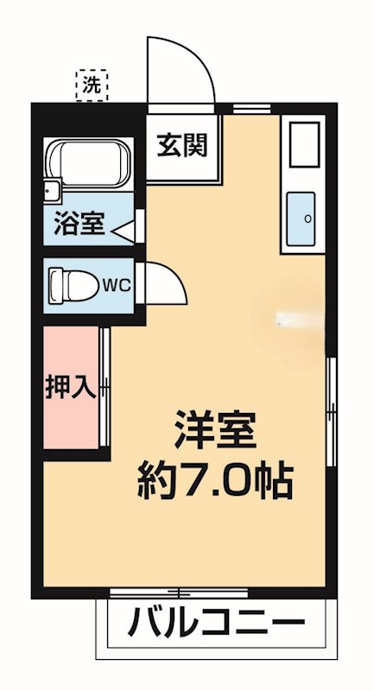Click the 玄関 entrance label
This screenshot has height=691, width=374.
coord(182,145)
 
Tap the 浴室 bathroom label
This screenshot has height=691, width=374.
coord(79,224)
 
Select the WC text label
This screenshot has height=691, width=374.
coord(117,286)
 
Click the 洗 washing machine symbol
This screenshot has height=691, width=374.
coord(92,86)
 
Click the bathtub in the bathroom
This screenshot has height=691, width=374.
coord(92,163)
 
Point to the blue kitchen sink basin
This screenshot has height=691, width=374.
coord(301,219)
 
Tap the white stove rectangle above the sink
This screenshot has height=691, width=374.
coord(304,144)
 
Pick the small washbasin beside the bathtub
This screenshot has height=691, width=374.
coord(53,191)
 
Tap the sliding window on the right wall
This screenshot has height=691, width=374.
coord(333,412)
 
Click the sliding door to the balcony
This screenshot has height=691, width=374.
coord(179,592)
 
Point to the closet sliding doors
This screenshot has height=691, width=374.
coord(105,386)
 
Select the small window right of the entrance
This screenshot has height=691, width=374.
coord(251,109)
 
